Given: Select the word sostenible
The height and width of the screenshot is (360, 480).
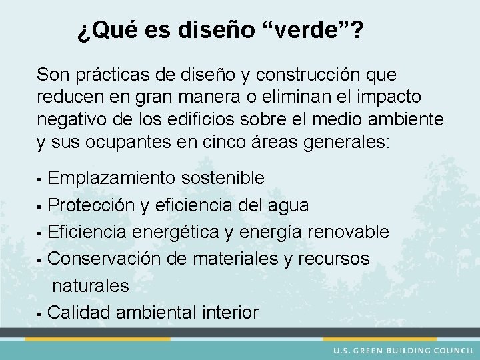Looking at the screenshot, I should (x=224, y=178).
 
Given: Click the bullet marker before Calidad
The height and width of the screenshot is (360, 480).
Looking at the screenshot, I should (x=41, y=313).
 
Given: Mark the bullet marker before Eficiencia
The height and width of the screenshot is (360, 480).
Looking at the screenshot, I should (x=41, y=233).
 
